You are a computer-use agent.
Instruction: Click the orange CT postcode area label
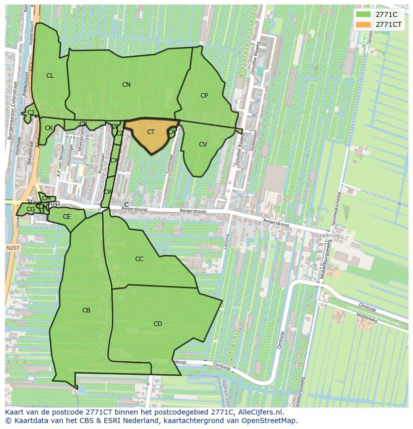click(151, 132)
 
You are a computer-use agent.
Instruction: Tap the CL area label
click(50, 76)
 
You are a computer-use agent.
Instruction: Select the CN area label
click(126, 85)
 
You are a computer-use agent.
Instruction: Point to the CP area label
click(204, 96)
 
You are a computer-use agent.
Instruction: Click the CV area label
click(203, 144)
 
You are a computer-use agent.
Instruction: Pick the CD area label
click(158, 324)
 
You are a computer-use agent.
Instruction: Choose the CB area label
click(86, 310)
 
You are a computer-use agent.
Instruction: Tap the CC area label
click(139, 259)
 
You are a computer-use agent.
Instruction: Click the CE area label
click(66, 217)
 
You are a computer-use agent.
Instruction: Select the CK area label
click(48, 128)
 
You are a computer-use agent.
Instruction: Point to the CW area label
click(107, 192)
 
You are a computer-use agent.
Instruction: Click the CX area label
click(114, 160)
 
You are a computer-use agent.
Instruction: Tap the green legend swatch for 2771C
click(363, 14)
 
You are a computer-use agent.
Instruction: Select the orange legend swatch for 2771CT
click(363, 24)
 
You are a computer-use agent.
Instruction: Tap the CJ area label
click(31, 113)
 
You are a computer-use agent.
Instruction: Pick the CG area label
click(30, 209)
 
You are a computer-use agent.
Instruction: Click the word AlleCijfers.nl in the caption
click(259, 413)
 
